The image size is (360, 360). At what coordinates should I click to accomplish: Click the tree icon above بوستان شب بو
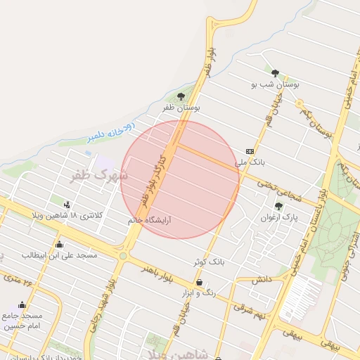[x=275, y=73]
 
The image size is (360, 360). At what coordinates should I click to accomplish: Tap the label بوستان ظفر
[x=182, y=108]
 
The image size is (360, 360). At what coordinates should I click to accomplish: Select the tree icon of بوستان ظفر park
[x=181, y=96]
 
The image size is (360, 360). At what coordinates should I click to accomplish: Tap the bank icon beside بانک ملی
[x=250, y=151]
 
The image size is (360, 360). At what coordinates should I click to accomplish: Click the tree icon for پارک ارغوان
[x=278, y=206]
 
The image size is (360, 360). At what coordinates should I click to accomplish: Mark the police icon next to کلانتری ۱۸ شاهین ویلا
[x=67, y=205]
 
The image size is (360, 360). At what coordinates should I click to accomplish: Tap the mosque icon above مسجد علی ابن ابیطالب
[x=59, y=245]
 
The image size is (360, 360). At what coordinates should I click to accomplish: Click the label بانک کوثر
[x=209, y=262]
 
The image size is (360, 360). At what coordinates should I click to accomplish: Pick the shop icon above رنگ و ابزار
[x=200, y=283]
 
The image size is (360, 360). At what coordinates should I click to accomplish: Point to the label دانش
[x=262, y=280]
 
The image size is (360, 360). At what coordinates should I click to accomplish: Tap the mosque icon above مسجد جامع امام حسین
[x=22, y=305]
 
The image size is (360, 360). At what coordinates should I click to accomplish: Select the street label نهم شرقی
[x=251, y=311]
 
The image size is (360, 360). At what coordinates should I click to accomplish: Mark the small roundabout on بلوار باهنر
[x=124, y=256]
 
